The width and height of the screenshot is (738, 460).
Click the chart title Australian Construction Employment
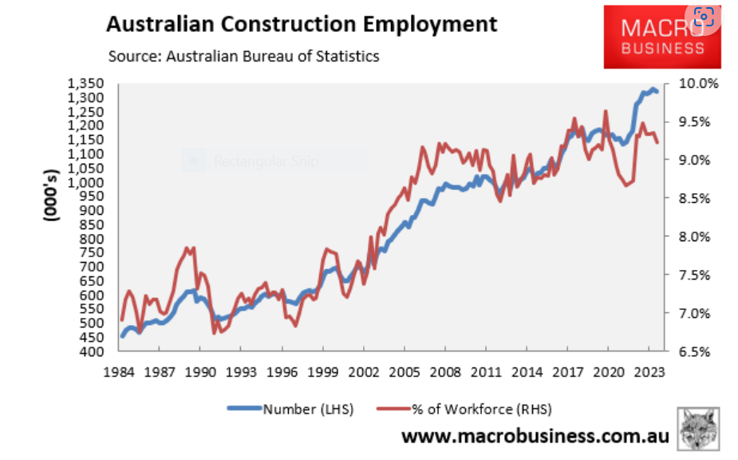click(302, 24)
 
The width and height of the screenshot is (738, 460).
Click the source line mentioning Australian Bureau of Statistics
click(243, 56)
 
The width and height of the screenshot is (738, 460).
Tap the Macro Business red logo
click(661, 37)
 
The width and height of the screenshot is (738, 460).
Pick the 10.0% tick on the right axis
click(699, 83)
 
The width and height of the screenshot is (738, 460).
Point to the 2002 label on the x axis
click(364, 371)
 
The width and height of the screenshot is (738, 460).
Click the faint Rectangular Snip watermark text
click(266, 162)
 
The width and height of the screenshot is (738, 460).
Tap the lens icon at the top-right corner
click(704, 16)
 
